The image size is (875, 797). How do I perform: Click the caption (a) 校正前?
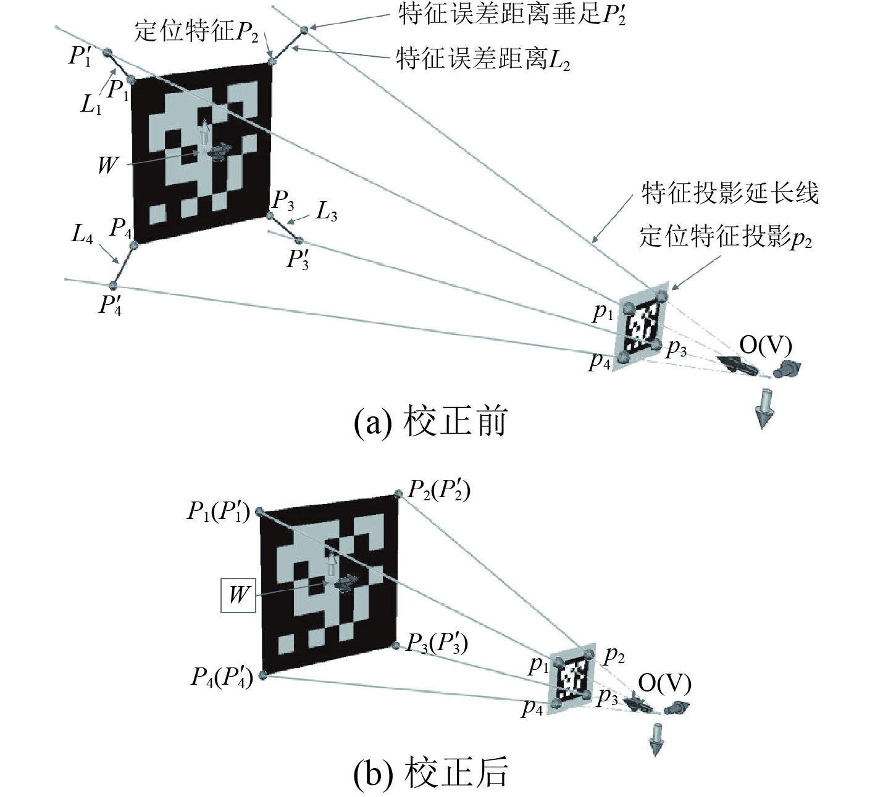[x=430, y=423]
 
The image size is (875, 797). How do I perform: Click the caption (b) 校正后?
[x=430, y=771]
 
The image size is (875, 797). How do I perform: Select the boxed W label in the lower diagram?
[x=238, y=595]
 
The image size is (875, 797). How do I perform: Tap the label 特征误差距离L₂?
[x=482, y=60]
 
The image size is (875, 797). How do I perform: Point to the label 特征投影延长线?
[x=730, y=193]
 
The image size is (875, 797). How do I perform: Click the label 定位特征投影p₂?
[x=725, y=237]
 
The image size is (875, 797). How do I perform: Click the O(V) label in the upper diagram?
[x=765, y=345]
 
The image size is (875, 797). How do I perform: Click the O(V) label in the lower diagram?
[x=664, y=683]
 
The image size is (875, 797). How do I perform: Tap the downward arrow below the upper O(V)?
[x=764, y=408]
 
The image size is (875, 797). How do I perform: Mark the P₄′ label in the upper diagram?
[x=110, y=305]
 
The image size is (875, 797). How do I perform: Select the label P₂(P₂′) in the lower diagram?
[x=439, y=492]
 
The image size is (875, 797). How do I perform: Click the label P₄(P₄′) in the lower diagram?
[x=222, y=677]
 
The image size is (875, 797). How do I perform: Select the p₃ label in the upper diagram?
[x=676, y=349]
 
